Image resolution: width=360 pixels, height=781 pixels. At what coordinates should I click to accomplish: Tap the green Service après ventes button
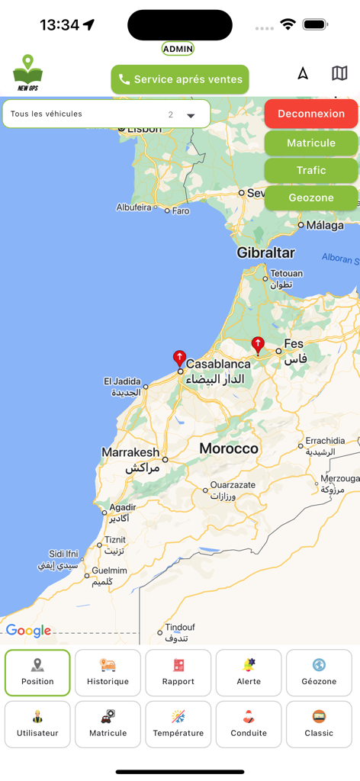coord(180,79)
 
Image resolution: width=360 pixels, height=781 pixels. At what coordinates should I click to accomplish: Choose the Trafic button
coord(311,170)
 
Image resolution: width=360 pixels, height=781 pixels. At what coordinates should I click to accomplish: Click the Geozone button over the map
coord(311,198)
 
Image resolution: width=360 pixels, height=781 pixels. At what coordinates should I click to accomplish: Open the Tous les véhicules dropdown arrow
coord(191,115)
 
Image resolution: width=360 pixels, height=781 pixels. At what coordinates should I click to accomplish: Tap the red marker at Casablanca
coord(179,358)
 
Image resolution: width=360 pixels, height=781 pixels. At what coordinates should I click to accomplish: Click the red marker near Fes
coord(258,346)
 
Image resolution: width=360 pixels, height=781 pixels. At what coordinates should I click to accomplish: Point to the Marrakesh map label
coord(130,452)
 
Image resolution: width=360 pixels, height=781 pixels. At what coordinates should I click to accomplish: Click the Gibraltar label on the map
coord(265,252)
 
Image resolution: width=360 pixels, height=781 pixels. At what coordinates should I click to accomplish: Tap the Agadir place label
coord(123,507)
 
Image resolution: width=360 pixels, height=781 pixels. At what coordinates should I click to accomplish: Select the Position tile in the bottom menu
coord(37,673)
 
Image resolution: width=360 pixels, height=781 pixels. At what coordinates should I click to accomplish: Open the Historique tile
coord(108,673)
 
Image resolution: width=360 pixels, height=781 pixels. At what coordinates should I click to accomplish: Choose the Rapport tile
coord(178,673)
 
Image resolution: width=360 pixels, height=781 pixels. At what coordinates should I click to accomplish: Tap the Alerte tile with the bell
coord(249,673)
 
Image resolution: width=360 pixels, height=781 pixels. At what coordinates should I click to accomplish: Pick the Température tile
coord(178,725)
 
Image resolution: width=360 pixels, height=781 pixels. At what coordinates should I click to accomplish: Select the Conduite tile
coord(249,725)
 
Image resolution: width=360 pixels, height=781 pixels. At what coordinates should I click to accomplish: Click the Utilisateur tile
coord(37,725)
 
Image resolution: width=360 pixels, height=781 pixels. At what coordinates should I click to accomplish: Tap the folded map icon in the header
coord(339,73)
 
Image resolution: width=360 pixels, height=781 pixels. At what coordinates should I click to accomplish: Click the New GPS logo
coord(27,73)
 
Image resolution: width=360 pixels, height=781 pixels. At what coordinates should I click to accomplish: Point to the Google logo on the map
coord(28,631)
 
